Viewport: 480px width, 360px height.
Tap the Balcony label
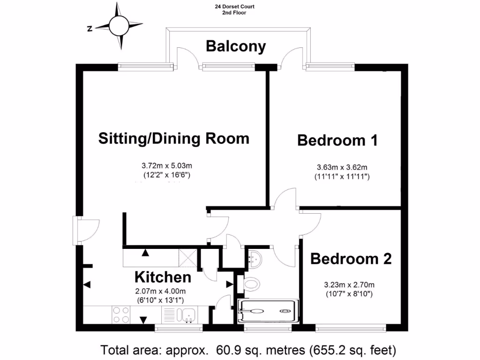236,46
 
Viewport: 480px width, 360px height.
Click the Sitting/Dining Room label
173,139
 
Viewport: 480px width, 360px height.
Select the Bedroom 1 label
337,140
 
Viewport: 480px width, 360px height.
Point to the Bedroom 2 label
351,259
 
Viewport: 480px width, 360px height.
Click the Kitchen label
163,277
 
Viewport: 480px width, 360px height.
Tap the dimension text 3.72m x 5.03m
167,165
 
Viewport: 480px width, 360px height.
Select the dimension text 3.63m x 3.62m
342,167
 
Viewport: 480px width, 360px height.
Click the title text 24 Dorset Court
234,7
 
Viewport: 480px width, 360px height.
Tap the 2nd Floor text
234,13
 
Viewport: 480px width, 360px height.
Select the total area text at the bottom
249,350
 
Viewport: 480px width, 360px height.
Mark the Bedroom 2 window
351,328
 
